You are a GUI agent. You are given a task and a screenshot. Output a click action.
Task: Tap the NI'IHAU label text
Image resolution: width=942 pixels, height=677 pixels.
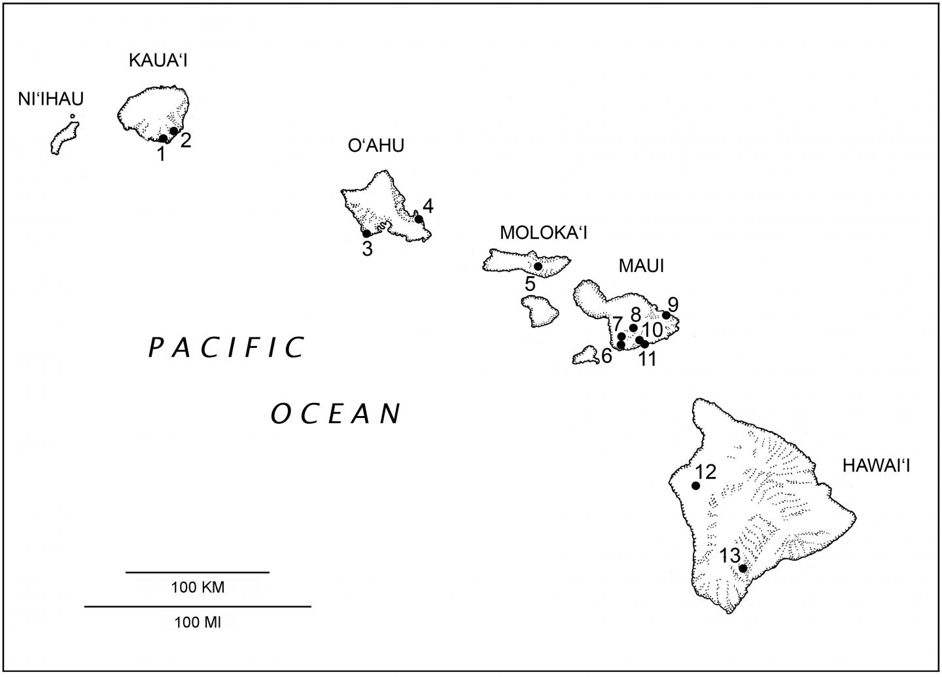50,99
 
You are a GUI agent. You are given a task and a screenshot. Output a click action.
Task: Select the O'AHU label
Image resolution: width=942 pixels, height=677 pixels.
375,145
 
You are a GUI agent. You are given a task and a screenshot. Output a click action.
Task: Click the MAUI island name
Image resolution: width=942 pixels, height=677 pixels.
640,266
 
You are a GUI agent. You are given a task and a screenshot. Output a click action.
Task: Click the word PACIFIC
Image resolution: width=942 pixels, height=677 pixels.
227,347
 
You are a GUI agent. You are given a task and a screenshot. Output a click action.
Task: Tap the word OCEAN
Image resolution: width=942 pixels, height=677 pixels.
336,413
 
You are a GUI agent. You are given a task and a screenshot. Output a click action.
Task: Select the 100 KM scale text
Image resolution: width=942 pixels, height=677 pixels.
198,587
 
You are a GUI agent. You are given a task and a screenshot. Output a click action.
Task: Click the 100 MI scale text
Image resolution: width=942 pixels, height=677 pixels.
198,622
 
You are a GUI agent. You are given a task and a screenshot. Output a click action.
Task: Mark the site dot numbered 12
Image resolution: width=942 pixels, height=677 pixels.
695,485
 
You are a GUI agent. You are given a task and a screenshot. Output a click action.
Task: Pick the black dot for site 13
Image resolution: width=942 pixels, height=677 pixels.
742,568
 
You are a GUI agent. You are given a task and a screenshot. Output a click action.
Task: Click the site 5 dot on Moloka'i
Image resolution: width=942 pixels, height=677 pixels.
538,266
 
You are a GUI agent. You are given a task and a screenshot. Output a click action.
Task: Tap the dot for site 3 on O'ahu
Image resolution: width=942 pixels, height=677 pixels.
366,234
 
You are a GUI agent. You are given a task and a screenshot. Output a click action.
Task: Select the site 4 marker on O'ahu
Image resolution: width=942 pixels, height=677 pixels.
419,219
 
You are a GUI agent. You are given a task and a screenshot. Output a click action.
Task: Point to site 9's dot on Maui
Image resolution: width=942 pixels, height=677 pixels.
666,315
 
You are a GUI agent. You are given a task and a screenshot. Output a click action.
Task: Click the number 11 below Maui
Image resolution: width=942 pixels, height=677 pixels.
647,359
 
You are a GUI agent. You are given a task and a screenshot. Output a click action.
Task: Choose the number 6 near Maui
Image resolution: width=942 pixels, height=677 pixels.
606,356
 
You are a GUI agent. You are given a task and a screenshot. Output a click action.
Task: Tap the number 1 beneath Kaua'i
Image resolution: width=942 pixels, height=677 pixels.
160,155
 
